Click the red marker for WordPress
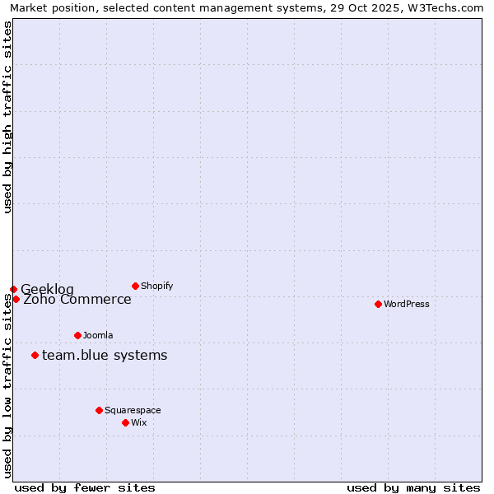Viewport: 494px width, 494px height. point(378,304)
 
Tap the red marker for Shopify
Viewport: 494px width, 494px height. point(135,286)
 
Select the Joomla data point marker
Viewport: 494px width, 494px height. point(77,335)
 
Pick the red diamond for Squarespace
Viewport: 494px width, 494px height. point(99,410)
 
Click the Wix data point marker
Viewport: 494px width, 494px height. point(125,422)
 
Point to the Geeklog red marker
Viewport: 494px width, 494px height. point(13,289)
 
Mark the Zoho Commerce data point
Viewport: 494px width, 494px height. point(16,299)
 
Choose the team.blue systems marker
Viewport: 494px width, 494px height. point(35,355)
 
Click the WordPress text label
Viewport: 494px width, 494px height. point(407,304)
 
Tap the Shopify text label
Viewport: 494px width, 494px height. point(156,286)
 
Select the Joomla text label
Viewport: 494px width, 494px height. point(98,335)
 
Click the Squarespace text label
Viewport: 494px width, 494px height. point(133,410)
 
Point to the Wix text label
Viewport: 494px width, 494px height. point(139,422)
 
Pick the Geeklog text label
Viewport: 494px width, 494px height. point(47,289)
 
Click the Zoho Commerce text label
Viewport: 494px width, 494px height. point(77,300)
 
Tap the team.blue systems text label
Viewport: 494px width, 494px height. point(105,356)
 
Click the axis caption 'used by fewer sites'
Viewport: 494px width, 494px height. point(85,487)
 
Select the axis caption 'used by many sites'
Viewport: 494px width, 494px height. point(413,487)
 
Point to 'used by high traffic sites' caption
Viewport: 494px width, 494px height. point(7,117)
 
